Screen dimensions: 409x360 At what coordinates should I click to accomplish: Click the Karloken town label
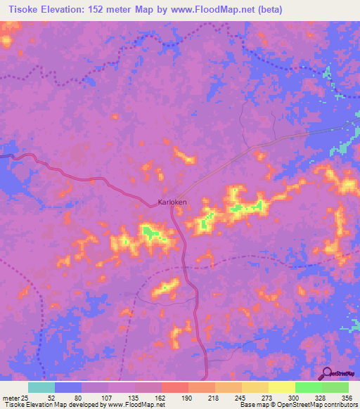coord(172,202)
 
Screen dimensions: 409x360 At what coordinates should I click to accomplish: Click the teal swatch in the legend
coord(41,387)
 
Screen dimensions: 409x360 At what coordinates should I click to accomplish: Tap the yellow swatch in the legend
coord(282,387)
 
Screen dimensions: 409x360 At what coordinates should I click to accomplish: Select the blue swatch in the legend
coord(68,387)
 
